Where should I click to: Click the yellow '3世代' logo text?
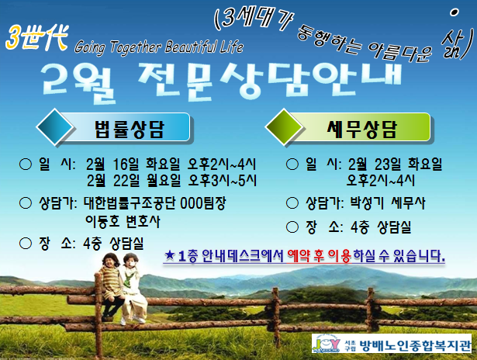coord(36,38)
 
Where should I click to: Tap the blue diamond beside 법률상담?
coord(55,126)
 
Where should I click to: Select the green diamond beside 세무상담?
coord(284,126)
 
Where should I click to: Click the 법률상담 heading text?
coord(130,129)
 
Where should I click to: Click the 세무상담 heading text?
coord(362,129)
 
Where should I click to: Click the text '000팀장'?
coord(203,203)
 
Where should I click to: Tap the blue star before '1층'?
coord(169,255)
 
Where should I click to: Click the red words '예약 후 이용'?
coord(319,255)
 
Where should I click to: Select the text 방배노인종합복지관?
coord(415,345)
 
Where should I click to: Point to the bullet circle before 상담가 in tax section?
coord(292,203)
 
